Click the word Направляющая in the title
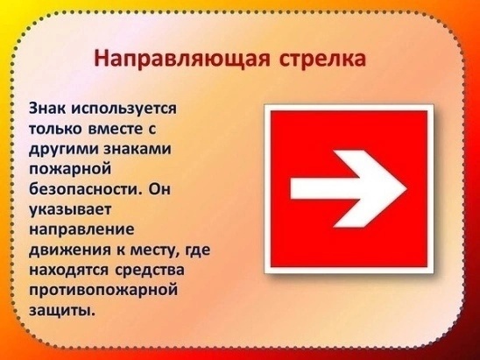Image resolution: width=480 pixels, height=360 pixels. (182, 59)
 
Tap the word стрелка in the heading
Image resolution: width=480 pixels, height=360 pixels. (322, 59)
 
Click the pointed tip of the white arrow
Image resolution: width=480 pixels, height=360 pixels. (406, 189)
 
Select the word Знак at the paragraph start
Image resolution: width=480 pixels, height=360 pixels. (46, 109)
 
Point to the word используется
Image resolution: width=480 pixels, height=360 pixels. (124, 109)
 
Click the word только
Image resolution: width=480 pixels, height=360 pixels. (55, 129)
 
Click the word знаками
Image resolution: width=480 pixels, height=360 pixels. (138, 149)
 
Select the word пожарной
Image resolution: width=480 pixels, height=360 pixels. (70, 169)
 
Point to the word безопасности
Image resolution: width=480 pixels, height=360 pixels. (86, 188)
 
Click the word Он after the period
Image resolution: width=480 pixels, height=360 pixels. (159, 189)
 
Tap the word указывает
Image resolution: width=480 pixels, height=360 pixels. (69, 210)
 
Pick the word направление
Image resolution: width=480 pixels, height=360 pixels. (81, 229)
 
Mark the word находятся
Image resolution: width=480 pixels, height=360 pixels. (68, 271)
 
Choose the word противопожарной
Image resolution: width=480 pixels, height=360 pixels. (103, 291)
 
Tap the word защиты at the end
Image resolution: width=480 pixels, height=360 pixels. (61, 311)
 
